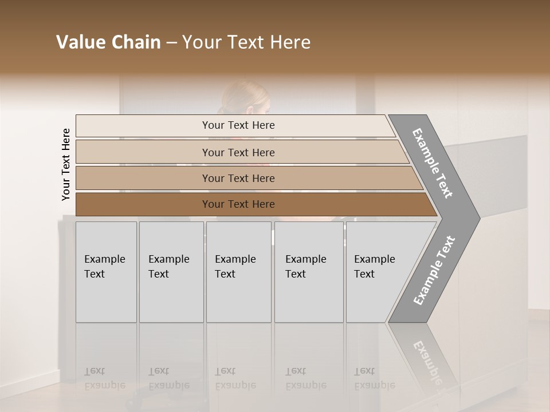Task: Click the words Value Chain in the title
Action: pyautogui.click(x=108, y=42)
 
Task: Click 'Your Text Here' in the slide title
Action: pyautogui.click(x=246, y=42)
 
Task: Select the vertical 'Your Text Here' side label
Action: pyautogui.click(x=66, y=165)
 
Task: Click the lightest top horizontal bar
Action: pyautogui.click(x=238, y=125)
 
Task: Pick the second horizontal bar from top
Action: pyautogui.click(x=238, y=152)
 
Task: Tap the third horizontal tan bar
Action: pyautogui.click(x=238, y=178)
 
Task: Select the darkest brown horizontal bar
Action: pyautogui.click(x=238, y=204)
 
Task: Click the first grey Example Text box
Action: pyautogui.click(x=106, y=272)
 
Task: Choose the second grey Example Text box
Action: pyautogui.click(x=171, y=272)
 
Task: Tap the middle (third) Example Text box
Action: pyautogui.click(x=238, y=272)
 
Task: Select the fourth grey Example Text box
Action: pyautogui.click(x=309, y=272)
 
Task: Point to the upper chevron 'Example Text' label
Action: pyautogui.click(x=433, y=163)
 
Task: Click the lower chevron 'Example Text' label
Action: pyautogui.click(x=434, y=270)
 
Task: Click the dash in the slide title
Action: pyautogui.click(x=171, y=42)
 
